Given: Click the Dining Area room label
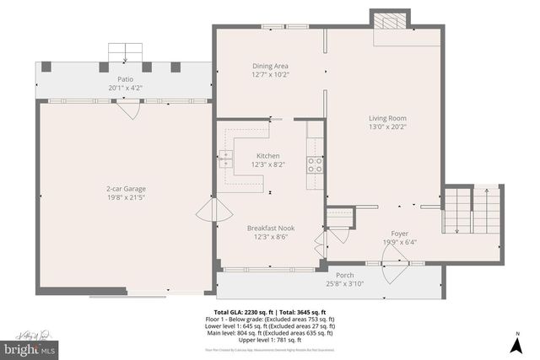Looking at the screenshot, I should coord(271,66).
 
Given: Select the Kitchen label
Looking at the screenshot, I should coord(268,156).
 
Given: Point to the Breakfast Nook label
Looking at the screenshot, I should coord(270,228).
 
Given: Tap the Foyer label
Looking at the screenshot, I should coord(399,234).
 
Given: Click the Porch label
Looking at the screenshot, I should coord(345,275).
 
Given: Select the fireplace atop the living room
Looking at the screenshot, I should coord(391,22).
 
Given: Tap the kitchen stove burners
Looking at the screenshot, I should coord(314,165).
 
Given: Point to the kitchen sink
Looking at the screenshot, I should coord(227,155).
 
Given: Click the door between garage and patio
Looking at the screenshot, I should coord(127,110).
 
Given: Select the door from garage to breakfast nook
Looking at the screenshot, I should coord(206,212).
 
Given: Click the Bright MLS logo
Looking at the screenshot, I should coord(30,347).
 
